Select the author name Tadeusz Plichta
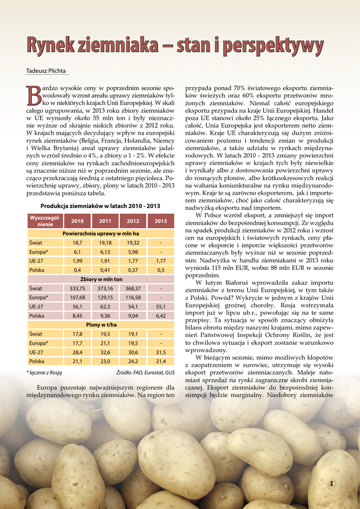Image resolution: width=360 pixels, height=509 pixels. (46, 71)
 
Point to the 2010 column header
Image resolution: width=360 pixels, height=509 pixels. (78, 221)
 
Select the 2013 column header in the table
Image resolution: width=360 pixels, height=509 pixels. (161, 221)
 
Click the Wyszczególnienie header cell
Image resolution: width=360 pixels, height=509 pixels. (45, 221)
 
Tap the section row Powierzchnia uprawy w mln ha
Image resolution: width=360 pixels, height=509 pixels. (100, 233)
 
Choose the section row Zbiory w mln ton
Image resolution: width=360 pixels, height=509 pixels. (100, 279)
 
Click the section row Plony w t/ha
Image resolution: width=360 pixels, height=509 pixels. (100, 325)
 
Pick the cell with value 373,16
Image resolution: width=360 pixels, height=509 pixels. (105, 288)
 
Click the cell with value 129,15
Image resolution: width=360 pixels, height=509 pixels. (105, 297)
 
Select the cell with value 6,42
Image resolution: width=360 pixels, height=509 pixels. (161, 316)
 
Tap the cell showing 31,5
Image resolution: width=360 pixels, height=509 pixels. (161, 352)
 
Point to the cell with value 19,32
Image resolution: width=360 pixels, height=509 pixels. (133, 243)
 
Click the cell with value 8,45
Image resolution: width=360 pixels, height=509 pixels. (78, 316)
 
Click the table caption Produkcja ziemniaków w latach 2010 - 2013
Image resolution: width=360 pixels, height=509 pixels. (100, 206)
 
